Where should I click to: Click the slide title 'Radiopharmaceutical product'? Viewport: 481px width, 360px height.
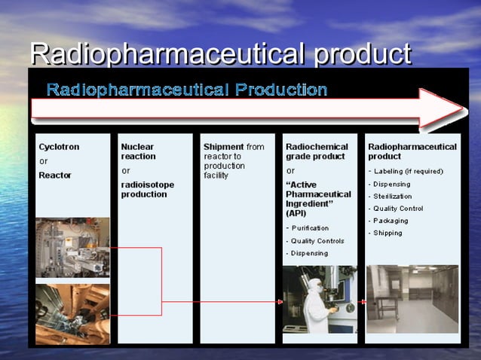coord(220,53)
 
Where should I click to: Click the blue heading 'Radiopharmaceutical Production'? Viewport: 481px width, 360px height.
coord(187,90)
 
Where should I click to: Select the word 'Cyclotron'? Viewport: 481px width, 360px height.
coord(59,147)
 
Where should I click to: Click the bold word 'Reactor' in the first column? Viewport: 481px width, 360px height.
coord(55,175)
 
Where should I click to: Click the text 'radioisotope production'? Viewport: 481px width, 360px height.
coord(148,189)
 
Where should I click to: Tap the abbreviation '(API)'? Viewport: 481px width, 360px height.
coord(296,213)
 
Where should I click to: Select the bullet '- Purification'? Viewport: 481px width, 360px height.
coord(308,228)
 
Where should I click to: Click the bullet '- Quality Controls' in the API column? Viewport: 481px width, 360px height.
coord(315,241)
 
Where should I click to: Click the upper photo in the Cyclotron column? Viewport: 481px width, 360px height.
coord(72,248)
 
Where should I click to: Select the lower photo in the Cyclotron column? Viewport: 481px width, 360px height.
coord(72,313)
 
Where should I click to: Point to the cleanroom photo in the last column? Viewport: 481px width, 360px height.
coord(412,298)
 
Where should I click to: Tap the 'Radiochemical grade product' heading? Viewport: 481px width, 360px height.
coord(317,151)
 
